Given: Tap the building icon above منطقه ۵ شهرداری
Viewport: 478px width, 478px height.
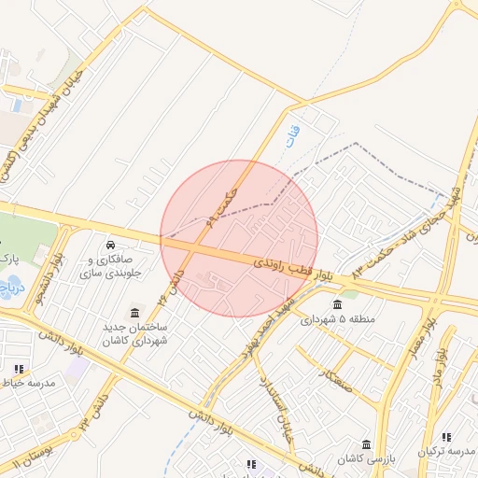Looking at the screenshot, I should coord(338,303).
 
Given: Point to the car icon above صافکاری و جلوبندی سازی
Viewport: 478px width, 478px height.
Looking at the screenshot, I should coord(111,245).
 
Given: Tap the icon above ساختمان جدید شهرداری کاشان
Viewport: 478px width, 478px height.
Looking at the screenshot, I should coord(136,312).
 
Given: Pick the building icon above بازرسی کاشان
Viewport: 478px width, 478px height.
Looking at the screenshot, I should coord(367,443).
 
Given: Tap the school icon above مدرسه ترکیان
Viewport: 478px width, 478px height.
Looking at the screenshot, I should coord(445,438).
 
